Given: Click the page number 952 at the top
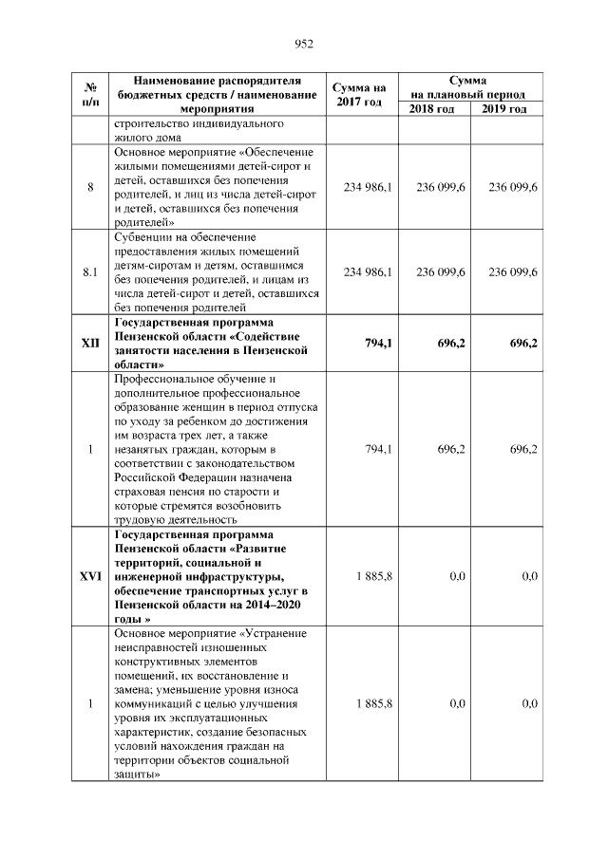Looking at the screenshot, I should (304, 43).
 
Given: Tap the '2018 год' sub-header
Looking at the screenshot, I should (432, 110).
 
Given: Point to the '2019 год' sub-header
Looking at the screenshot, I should (504, 110).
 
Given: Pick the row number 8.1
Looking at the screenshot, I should (90, 272).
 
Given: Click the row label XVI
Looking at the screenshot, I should (90, 576).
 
